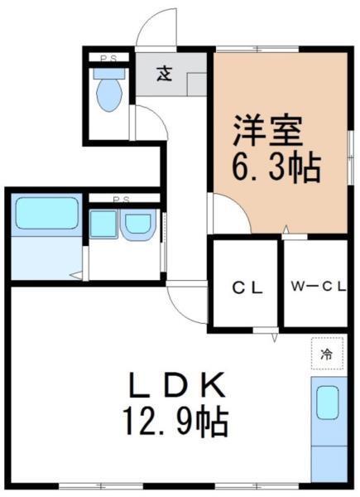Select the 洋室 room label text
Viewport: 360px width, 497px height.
point(267,131)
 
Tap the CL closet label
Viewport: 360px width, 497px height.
point(247,288)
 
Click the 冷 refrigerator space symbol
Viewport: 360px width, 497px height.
point(326,354)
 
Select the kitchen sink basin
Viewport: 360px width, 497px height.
point(329,404)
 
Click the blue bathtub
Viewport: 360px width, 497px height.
point(48,214)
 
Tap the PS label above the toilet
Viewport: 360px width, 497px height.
point(108,58)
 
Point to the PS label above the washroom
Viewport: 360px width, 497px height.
point(122,200)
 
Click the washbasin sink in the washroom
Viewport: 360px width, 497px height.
point(139,224)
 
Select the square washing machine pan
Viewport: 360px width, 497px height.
point(103,224)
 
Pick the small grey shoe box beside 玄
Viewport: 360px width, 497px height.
point(197,84)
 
